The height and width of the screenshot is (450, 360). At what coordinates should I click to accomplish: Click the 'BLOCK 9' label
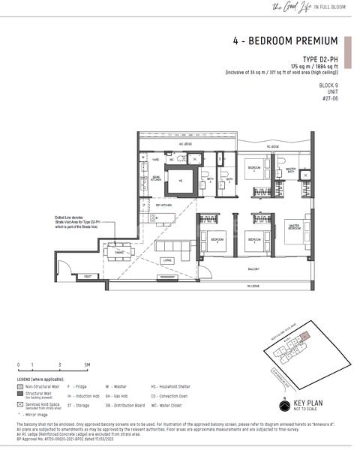click(327, 85)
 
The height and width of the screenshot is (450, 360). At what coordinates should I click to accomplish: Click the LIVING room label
click(167, 259)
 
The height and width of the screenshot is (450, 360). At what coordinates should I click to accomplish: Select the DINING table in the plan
click(119, 251)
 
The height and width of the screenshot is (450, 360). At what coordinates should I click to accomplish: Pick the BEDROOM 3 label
click(255, 239)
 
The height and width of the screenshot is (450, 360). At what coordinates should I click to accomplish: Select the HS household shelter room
click(180, 181)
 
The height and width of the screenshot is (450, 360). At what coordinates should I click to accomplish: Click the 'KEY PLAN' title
click(312, 403)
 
